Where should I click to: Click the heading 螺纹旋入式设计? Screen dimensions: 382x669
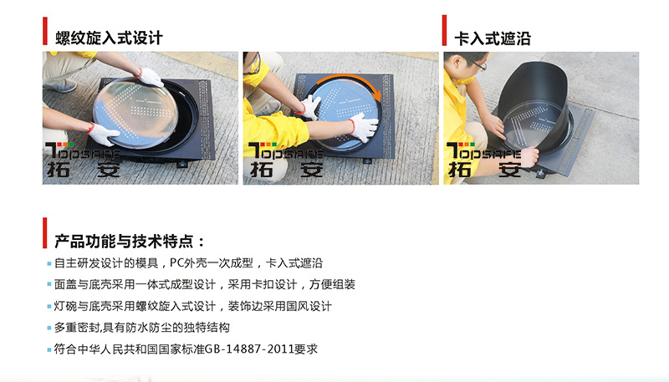pyautogui.click(x=109, y=38)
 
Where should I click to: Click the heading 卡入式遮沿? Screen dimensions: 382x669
pyautogui.click(x=492, y=38)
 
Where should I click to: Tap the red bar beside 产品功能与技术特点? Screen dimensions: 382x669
pyautogui.click(x=44, y=233)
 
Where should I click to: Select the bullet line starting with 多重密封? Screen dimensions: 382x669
pyautogui.click(x=142, y=327)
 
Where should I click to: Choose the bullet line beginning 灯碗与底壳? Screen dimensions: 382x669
pyautogui.click(x=193, y=306)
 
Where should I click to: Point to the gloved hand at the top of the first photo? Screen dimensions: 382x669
pyautogui.click(x=151, y=77)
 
